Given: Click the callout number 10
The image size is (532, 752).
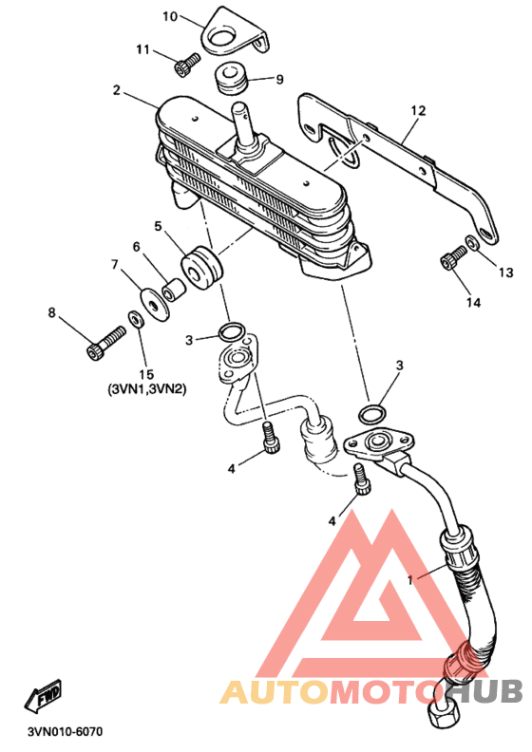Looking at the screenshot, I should pos(170,16).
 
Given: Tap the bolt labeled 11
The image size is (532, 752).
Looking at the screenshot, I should pos(184,66).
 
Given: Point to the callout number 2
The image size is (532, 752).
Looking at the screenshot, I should pos(116,91).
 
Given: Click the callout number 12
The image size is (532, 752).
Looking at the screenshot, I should pos(415,110).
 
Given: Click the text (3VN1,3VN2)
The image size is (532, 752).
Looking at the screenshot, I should pos(146,389).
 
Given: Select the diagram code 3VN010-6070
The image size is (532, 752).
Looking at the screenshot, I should pos(65,732).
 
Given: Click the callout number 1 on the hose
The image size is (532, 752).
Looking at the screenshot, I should pos(408,578).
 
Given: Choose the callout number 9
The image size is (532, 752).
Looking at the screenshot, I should pos(279,80).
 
